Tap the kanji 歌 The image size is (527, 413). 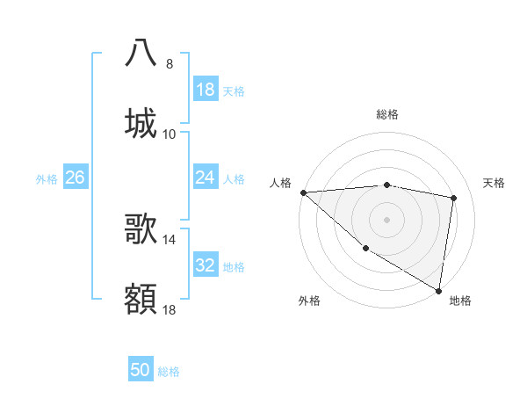coord(141,228)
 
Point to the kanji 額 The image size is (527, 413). coord(141,298)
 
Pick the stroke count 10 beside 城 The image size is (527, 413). coord(170,134)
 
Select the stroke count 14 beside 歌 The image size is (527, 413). coord(170,239)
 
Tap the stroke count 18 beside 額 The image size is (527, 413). coord(170,309)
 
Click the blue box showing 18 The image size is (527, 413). coord(205,90)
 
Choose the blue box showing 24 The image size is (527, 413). coord(205,178)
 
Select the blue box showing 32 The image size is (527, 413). coord(205,265)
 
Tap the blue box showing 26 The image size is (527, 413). coord(75,178)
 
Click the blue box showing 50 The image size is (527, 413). coord(141,370)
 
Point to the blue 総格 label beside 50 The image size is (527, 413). coord(169,372)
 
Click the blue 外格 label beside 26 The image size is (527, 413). coord(47,179)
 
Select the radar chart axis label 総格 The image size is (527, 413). coord(387,114)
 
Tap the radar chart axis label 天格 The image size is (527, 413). coord(495,183)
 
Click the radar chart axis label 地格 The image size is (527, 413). coord(460,301)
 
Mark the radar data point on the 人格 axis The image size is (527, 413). coord(303,192)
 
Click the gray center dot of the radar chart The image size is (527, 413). coord(386,220)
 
